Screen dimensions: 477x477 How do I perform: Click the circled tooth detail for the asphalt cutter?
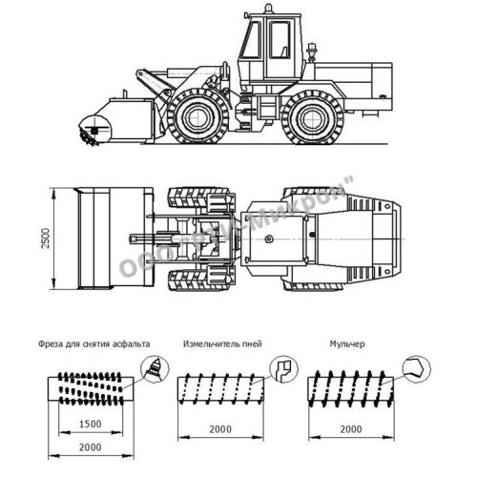155,367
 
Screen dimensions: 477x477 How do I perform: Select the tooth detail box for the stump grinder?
282,368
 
